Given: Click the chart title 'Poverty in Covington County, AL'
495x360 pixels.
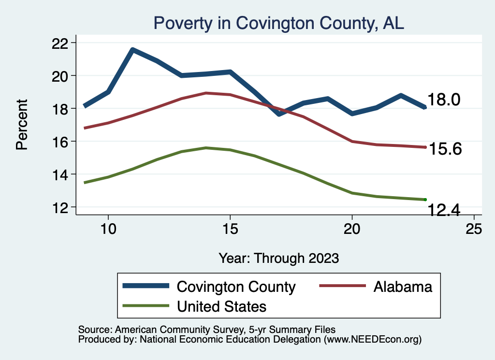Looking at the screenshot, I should [278, 23].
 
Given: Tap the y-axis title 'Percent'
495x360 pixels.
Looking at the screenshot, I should [22, 124].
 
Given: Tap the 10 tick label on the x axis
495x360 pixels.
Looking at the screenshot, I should [108, 229].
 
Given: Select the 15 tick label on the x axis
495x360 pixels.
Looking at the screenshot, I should [230, 229].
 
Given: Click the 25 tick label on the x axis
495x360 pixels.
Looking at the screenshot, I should [474, 229].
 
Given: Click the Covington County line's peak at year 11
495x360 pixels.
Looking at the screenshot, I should [132, 49].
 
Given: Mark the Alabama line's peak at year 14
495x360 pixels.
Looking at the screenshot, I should [206, 93].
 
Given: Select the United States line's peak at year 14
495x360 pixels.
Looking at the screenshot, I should [206, 148].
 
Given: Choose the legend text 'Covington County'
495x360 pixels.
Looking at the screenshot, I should [236, 287].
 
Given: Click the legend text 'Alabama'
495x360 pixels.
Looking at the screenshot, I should [403, 287].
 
